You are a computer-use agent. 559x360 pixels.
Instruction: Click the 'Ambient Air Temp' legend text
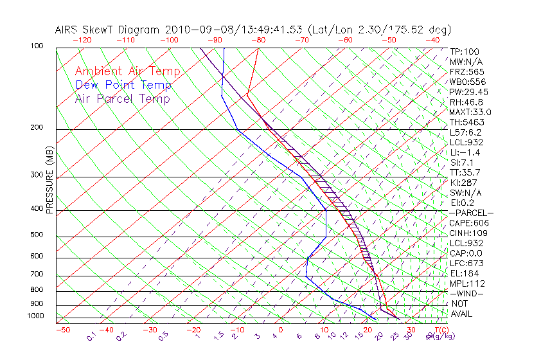pos(127,71)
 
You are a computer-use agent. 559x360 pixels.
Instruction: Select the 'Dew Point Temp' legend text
pos(123,85)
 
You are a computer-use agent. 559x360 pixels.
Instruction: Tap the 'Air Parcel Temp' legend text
pos(122,98)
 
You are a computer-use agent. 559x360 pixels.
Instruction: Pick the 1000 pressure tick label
pos(36,316)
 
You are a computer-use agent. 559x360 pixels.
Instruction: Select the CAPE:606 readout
pos(467,223)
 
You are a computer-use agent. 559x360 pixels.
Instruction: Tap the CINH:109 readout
pos(467,233)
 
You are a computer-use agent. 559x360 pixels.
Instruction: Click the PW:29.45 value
pos(467,92)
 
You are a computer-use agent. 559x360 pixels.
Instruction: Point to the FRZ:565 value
pos(467,71)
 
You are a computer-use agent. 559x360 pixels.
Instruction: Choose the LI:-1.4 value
pos(465,152)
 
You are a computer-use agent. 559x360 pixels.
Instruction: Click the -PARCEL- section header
pos(472,213)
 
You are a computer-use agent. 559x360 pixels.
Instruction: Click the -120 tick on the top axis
pos(81,40)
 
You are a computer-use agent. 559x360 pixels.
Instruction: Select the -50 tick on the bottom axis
pos(62,330)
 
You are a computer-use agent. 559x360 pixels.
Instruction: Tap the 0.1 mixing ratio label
pos(92,335)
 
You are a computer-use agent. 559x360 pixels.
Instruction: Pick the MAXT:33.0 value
pos(467,112)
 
